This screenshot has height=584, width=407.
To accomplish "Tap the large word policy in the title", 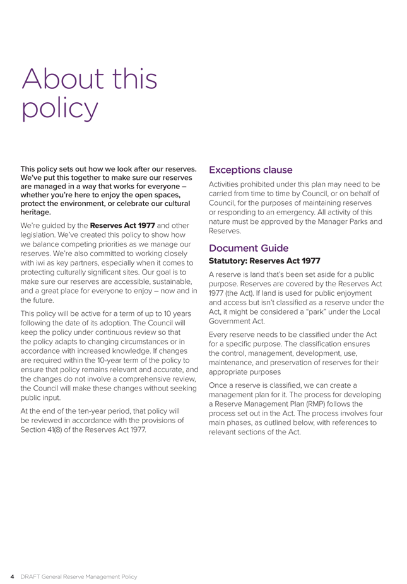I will click(61, 108).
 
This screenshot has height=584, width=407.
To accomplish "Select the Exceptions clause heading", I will click(251, 170).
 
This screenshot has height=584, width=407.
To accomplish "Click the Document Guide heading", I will click(249, 249).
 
